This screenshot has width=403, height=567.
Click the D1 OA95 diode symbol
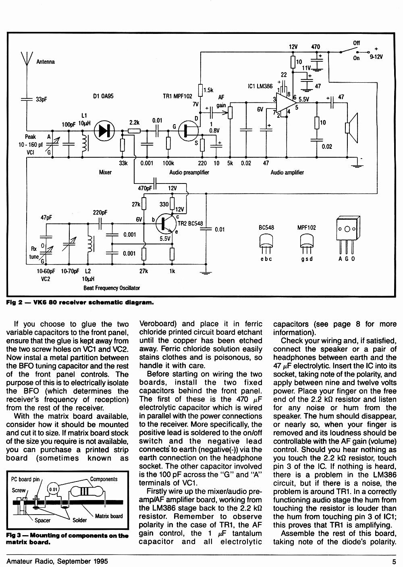coord(104,131)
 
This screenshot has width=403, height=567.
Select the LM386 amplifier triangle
coord(286,102)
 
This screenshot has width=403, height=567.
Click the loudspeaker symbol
coord(352,128)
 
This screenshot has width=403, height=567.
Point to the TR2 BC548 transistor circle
coord(166,224)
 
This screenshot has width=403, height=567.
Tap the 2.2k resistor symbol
coord(134,131)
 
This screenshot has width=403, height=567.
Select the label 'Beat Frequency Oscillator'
coord(112,288)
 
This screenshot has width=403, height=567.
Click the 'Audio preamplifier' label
coord(189,172)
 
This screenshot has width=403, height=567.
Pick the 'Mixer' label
coord(105,172)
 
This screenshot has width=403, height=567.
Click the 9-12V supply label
coord(376,57)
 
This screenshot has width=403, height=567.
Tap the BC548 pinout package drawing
coord(266,244)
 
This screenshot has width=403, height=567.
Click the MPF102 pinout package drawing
coord(307,244)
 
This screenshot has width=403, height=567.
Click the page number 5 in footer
coord(394,561)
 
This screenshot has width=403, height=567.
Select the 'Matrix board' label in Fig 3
coord(109,516)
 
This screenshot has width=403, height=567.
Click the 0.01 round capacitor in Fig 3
coord(53,489)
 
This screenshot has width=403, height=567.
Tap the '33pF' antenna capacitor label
coord(41,100)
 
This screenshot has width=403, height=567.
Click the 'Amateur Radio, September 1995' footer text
coord(57,561)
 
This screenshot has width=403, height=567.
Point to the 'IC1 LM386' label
coord(260,86)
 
